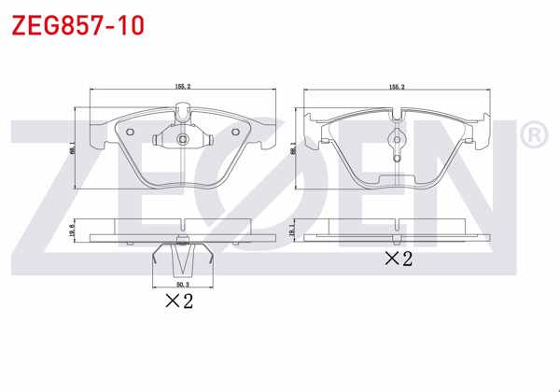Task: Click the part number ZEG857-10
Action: click(77, 24)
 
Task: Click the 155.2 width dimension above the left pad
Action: click(182, 86)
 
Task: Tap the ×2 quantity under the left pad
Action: click(178, 301)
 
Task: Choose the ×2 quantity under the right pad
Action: click(398, 259)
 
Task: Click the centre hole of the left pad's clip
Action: click(183, 140)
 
